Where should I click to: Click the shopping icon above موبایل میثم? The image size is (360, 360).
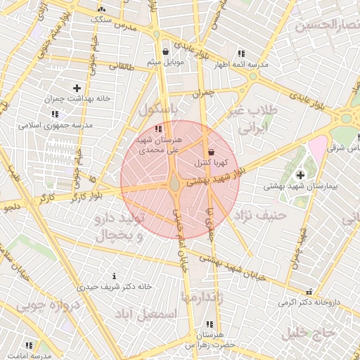click(165, 51)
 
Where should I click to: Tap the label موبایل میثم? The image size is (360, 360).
click(165, 63)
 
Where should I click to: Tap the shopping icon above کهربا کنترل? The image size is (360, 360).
click(211, 152)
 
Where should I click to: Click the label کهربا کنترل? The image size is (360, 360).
click(211, 163)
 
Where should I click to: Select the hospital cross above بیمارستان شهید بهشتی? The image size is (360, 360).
click(301, 174)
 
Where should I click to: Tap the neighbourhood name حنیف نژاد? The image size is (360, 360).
click(264, 215)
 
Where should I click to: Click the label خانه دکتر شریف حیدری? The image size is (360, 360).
click(115, 287)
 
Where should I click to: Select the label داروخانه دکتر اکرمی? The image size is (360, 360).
click(308, 302)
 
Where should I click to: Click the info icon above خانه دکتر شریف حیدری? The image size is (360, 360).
click(115, 276)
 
